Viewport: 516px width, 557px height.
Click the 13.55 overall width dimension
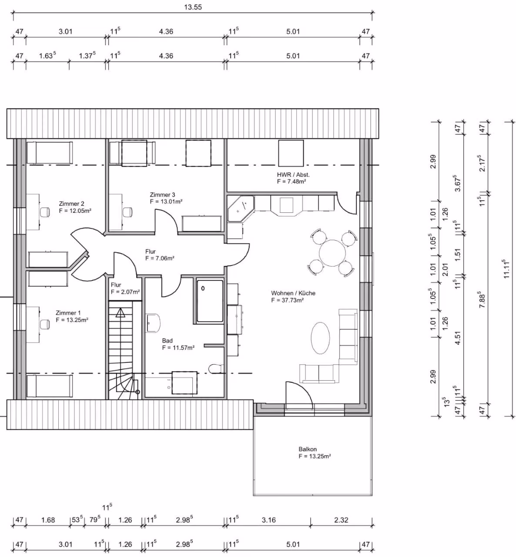click(x=193, y=7)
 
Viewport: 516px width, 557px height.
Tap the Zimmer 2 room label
click(x=75, y=207)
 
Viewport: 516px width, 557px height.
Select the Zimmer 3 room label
click(x=166, y=198)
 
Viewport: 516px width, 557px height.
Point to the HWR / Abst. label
click(x=293, y=178)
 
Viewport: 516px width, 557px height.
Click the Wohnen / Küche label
click(x=293, y=296)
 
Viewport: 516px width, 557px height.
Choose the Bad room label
click(x=178, y=344)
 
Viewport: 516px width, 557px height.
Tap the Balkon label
click(x=315, y=453)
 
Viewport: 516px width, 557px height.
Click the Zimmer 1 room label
click(x=72, y=316)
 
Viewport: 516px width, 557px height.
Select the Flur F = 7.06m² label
click(x=160, y=255)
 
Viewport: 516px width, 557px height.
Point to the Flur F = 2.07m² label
click(x=125, y=289)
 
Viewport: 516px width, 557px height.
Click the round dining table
click(x=332, y=253)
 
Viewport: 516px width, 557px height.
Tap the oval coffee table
click(x=321, y=338)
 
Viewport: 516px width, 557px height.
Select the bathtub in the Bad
click(x=210, y=301)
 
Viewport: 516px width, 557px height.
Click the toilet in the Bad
click(x=216, y=369)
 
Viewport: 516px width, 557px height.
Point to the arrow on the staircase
click(x=121, y=312)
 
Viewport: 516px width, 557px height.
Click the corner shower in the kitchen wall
click(x=241, y=209)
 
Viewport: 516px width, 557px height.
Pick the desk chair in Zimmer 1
click(x=45, y=325)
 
